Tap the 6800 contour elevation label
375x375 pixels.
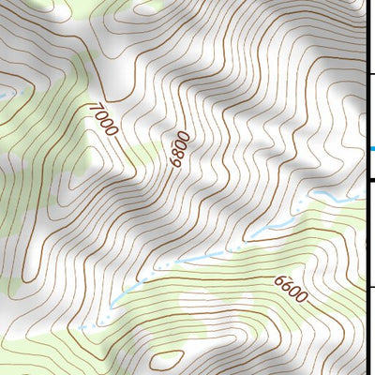click(178, 149)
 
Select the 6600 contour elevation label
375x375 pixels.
click(292, 288)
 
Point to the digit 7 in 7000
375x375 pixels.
click(93, 107)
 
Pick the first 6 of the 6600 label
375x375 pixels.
click(280, 279)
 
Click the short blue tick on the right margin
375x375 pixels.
click(371, 149)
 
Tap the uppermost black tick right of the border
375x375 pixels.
click(370, 73)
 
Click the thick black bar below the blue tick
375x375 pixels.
click(370, 180)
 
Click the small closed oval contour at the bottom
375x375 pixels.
click(167, 358)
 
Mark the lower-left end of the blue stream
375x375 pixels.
click(82, 327)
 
